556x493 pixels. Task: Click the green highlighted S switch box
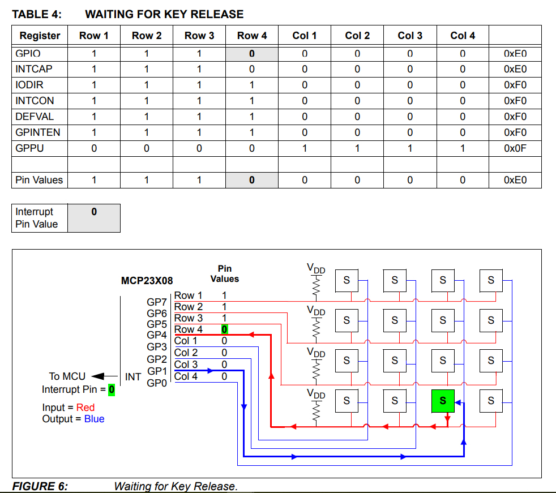tap(443, 401)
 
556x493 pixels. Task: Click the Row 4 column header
tap(252, 36)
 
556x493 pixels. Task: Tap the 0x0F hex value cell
tap(515, 148)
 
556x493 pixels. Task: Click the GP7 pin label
tap(157, 302)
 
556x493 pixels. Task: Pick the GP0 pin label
tap(157, 383)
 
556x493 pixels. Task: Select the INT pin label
tap(133, 376)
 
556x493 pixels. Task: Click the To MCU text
tap(67, 376)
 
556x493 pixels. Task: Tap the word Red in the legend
tap(85, 408)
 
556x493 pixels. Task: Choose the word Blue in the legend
tap(94, 419)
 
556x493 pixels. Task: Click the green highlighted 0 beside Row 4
tap(224, 329)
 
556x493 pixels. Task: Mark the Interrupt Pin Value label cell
tap(37, 218)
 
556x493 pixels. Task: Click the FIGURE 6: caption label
tap(40, 486)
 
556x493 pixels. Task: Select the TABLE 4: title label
tap(37, 14)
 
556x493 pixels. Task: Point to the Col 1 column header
tap(305, 36)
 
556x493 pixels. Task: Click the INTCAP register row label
tap(34, 69)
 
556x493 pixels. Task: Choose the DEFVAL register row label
tap(34, 117)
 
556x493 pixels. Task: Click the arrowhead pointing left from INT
tap(97, 376)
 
